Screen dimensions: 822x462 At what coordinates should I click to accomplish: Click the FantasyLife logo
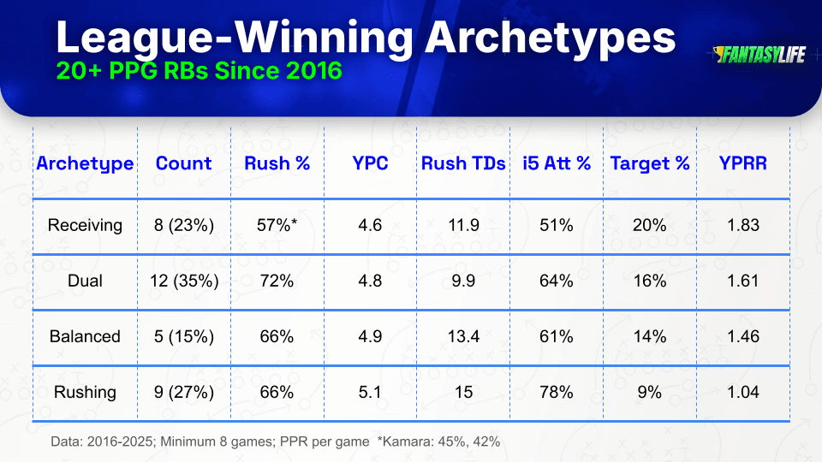759,55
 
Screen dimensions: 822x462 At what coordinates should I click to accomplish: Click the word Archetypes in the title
550,38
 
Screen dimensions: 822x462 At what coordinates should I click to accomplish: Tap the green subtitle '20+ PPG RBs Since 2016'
200,71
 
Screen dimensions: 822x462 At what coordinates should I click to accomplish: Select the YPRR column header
743,163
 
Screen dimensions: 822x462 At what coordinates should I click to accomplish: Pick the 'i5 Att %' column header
557,163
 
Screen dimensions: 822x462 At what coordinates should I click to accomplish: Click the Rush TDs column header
463,163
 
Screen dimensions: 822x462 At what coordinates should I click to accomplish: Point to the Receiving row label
85,225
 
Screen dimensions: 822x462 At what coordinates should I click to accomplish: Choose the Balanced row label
85,336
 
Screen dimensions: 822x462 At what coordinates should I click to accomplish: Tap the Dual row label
85,281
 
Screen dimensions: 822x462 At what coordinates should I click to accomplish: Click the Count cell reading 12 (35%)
184,281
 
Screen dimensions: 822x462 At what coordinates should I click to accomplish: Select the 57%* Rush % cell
277,225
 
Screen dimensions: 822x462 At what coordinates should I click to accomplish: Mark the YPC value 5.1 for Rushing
370,392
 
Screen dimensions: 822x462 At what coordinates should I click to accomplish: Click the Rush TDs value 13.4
463,336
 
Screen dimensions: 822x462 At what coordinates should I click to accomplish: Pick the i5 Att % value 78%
557,392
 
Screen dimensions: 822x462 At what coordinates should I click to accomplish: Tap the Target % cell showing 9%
650,392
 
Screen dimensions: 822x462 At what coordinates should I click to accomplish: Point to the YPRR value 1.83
743,225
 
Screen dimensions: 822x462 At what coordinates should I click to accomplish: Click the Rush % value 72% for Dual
277,281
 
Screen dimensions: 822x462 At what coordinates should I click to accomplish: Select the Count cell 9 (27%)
184,392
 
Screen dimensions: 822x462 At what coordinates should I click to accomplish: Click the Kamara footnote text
438,441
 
